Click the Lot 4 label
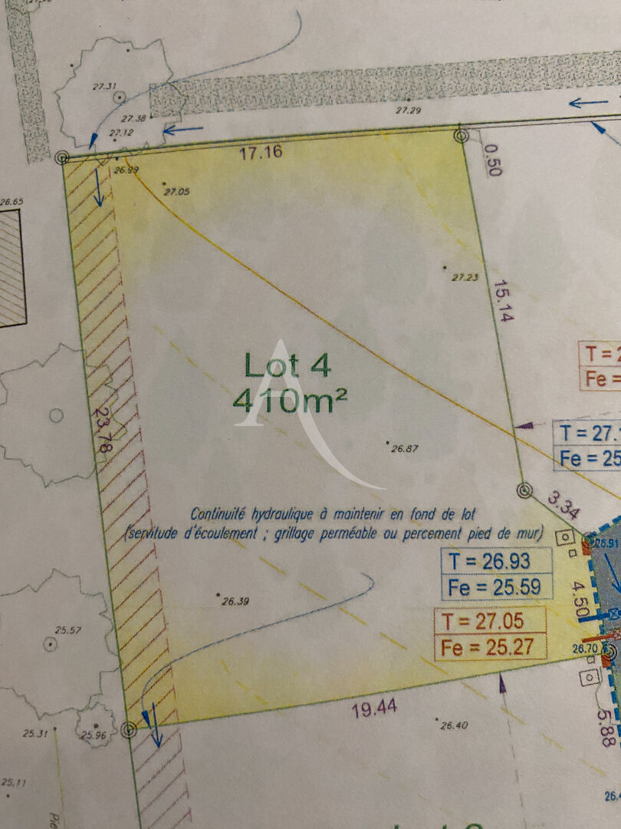[287, 365]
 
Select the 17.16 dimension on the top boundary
[260, 152]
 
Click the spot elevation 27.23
[465, 277]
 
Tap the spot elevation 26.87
[404, 448]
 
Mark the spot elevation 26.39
[235, 580]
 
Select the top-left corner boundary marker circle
[63, 157]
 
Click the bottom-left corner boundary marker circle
[128, 728]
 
